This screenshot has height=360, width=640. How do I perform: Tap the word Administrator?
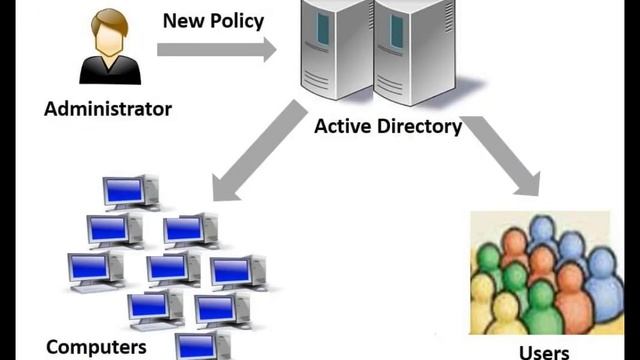click(108, 109)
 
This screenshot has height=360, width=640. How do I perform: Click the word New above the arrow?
click(183, 20)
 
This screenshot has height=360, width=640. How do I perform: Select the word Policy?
click(239, 20)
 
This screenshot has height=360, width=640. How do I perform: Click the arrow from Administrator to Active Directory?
click(216, 49)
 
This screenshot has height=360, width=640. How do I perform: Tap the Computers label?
click(96, 347)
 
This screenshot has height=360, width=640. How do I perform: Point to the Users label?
click(544, 351)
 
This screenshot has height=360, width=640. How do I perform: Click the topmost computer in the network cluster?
click(129, 191)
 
